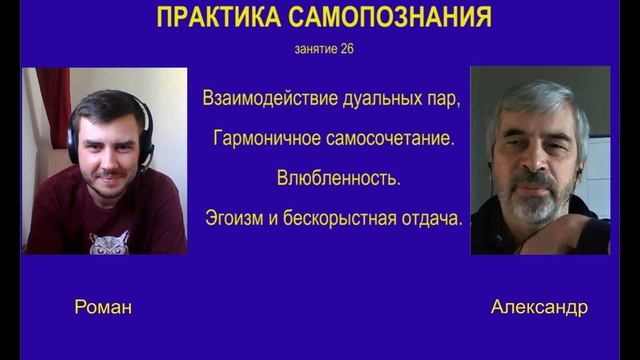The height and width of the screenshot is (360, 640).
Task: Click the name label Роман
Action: [103, 308]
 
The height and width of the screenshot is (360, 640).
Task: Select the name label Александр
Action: [539, 308]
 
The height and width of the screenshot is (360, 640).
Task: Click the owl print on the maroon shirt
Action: [109, 243]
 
